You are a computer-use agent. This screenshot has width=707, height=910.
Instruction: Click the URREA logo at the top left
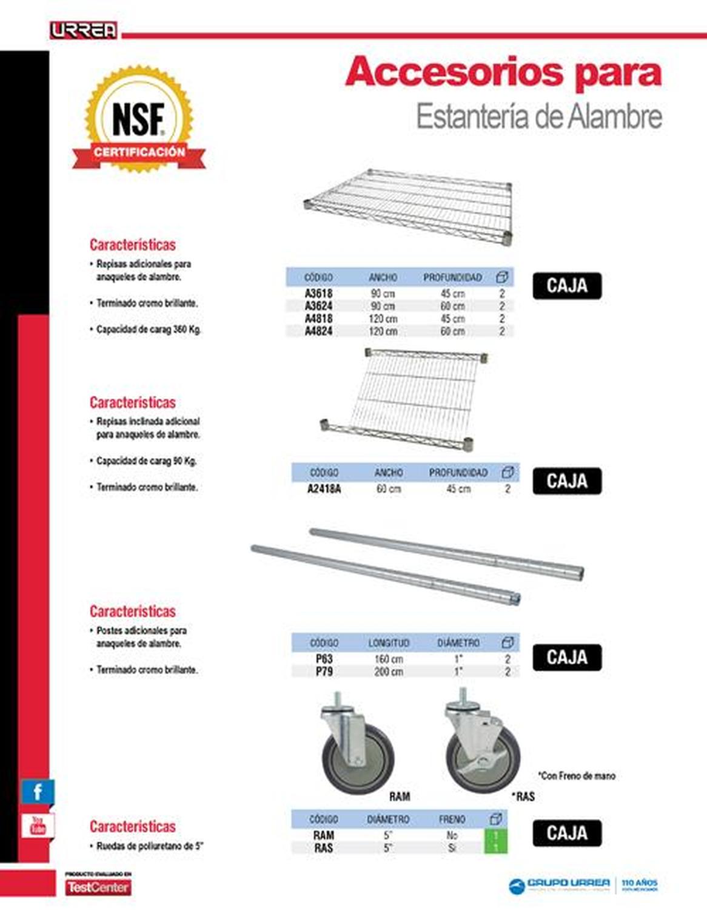84,30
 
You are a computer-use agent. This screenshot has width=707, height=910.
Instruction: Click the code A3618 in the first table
318,294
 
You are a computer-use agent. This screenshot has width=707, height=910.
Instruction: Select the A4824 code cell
318,331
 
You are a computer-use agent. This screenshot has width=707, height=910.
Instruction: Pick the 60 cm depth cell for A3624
452,306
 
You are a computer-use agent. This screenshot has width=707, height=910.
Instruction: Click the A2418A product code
324,489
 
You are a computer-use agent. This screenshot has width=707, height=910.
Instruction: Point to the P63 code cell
324,659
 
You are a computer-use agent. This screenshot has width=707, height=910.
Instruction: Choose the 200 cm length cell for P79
389,672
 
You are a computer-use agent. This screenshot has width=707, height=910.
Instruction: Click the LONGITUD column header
389,642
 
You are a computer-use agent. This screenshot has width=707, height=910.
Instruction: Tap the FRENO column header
452,819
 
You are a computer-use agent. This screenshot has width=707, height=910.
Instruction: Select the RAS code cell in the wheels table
323,848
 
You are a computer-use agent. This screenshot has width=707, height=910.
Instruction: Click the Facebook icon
38,792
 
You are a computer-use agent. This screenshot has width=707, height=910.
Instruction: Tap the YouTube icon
38,826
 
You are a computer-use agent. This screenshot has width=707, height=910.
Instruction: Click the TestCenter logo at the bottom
98,886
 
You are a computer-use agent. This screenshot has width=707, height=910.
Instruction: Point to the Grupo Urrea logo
559,885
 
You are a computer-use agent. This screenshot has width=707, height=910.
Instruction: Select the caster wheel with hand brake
482,746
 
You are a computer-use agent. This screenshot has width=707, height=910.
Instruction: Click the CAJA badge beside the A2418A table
567,481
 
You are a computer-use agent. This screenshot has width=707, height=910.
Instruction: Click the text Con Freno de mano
577,775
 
